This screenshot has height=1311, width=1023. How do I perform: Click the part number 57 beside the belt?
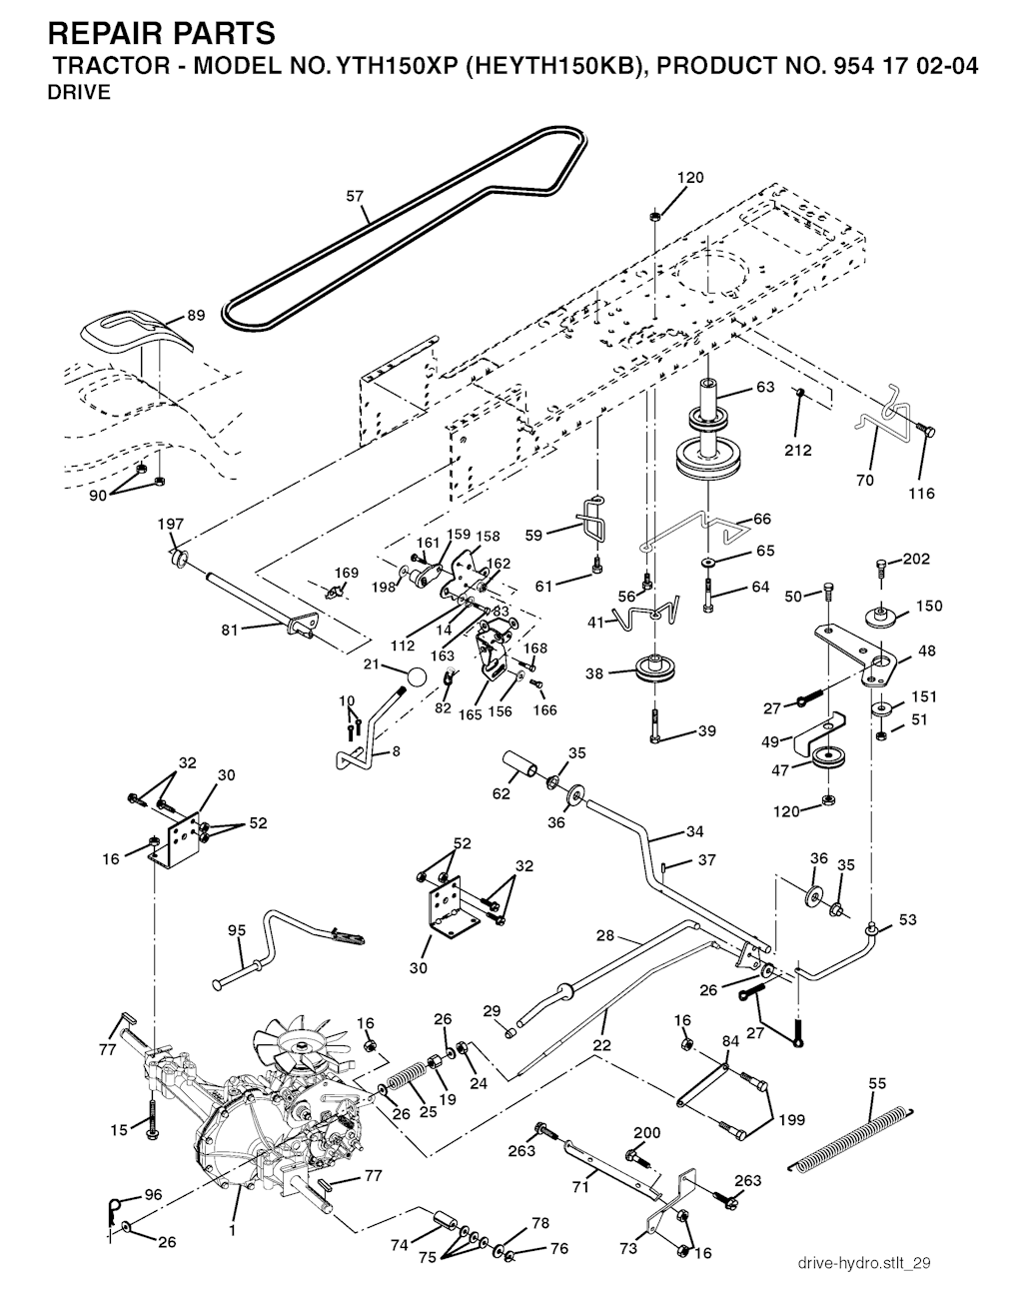pyautogui.click(x=356, y=197)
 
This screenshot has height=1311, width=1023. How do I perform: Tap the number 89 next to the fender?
pyautogui.click(x=196, y=317)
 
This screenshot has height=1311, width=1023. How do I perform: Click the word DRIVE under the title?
pyautogui.click(x=79, y=94)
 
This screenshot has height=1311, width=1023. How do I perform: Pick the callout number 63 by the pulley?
pyautogui.click(x=765, y=388)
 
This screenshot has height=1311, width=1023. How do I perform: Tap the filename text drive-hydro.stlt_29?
pyautogui.click(x=865, y=1264)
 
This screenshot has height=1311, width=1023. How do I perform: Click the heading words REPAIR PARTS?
pyautogui.click(x=161, y=34)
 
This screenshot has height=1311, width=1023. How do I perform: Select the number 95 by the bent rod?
pyautogui.click(x=237, y=930)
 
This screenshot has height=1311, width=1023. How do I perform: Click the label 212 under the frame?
pyautogui.click(x=797, y=451)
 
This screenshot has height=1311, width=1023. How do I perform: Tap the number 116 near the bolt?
pyautogui.click(x=921, y=494)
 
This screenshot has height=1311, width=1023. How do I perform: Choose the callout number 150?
pyautogui.click(x=929, y=607)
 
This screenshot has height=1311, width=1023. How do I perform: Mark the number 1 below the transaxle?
pyautogui.click(x=232, y=1231)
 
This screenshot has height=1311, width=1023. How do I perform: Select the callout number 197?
pyautogui.click(x=171, y=525)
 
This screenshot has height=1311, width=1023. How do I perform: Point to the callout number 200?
pyautogui.click(x=647, y=1132)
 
